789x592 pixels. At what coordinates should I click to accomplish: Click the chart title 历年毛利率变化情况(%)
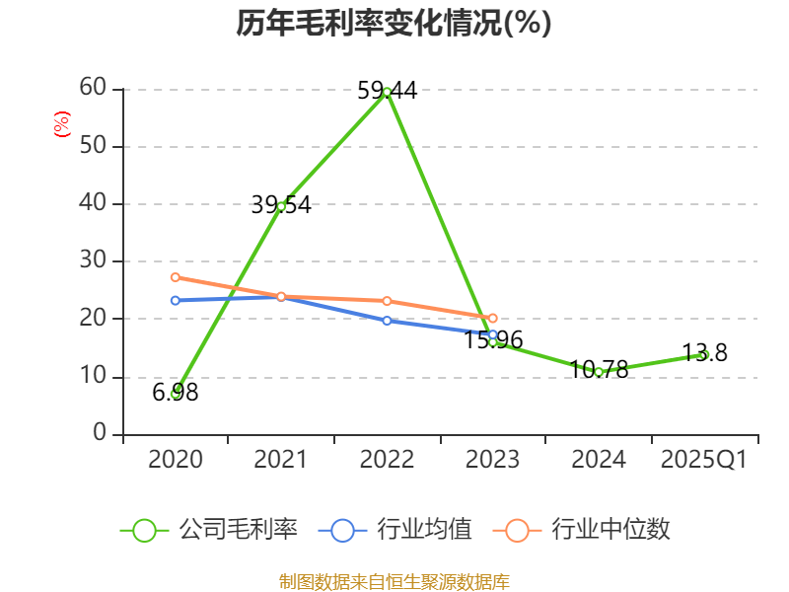coord(394,24)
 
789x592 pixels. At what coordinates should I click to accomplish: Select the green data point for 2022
coord(387,91)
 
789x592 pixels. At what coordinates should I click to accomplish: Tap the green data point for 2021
coord(281,206)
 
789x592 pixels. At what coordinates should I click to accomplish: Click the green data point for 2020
coord(175,393)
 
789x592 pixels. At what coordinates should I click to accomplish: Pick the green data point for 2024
coord(599,372)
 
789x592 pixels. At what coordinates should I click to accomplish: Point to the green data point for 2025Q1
coord(704,354)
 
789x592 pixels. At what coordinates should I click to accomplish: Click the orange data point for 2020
coord(175,277)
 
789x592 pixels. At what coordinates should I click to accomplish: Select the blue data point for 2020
coord(175,300)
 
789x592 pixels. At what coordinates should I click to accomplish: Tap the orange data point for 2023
coord(493,318)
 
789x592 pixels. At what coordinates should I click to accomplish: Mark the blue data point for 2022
coord(387,321)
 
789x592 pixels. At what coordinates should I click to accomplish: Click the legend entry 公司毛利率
coord(209,530)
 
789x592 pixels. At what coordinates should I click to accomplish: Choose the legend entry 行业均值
coord(395,530)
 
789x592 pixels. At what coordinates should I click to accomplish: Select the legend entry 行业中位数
coord(588,530)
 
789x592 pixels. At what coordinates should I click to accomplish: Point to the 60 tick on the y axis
coord(93,88)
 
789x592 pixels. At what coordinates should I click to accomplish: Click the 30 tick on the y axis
coord(93,261)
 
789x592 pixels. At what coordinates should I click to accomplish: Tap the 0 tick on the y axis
coord(100,434)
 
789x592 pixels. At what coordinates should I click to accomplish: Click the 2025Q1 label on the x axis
coord(704,460)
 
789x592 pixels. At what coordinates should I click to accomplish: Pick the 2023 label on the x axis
coord(493,460)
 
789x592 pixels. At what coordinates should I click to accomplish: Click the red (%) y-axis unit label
coord(61,124)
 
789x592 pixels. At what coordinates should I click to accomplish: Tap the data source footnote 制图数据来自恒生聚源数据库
coord(394,581)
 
